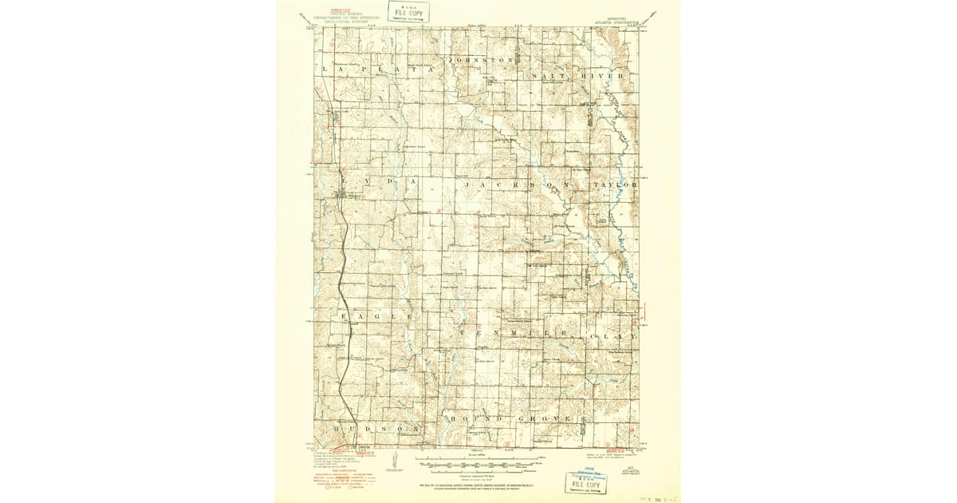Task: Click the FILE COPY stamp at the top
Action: [408, 12]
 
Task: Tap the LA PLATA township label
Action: [379, 70]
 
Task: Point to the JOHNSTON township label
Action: [480, 61]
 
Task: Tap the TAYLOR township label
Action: [614, 184]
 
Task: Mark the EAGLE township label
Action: [378, 317]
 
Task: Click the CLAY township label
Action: [614, 337]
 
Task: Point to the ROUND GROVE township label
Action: [510, 418]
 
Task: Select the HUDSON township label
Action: [375, 428]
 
